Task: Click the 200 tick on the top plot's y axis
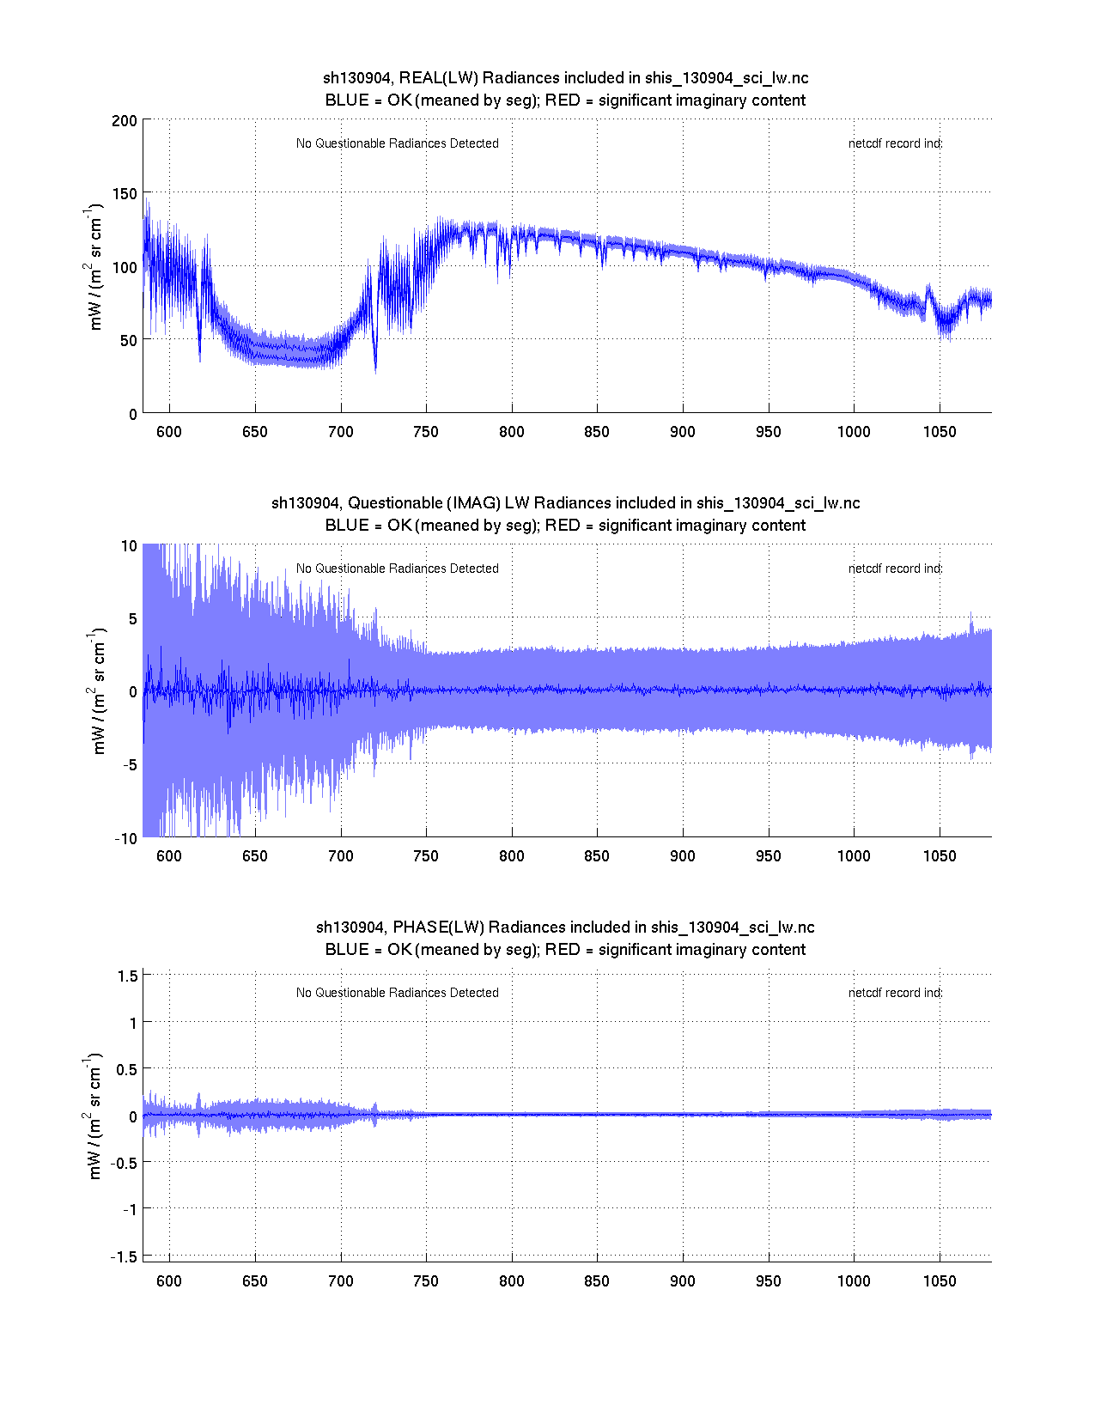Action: pos(125,120)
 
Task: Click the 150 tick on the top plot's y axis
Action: pos(125,193)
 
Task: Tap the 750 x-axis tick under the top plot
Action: pos(426,432)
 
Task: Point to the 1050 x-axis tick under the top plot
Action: pos(940,432)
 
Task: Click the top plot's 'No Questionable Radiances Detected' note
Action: pos(397,143)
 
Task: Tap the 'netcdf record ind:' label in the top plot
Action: pos(895,143)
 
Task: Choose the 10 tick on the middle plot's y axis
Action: pos(129,546)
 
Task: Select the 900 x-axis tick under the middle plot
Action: pos(683,856)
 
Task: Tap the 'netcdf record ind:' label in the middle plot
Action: pos(895,569)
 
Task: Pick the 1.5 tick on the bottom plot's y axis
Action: pos(128,976)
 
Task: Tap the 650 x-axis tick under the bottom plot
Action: pos(255,1281)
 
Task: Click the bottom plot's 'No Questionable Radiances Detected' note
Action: pos(397,993)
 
